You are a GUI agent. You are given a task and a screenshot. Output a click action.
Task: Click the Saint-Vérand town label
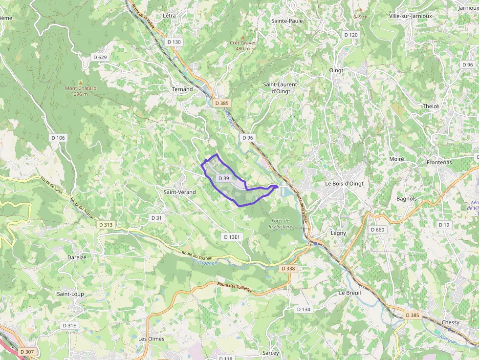pyautogui.click(x=179, y=192)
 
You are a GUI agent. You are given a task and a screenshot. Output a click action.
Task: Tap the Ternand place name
pyautogui.click(x=182, y=89)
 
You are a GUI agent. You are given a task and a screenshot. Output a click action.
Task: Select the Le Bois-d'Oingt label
pyautogui.click(x=344, y=183)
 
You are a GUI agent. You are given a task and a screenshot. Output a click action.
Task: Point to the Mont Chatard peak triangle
pyautogui.click(x=81, y=82)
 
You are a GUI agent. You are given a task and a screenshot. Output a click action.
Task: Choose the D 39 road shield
pyautogui.click(x=223, y=178)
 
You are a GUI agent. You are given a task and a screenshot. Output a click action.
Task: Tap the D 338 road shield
pyautogui.click(x=288, y=269)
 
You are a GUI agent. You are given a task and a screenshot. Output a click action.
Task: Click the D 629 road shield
pyautogui.click(x=100, y=57)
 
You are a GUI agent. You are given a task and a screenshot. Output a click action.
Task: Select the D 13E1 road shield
pyautogui.click(x=232, y=237)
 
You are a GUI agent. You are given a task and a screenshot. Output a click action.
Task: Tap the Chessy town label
pyautogui.click(x=450, y=322)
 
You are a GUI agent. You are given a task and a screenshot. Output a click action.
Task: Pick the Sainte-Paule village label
pyautogui.click(x=287, y=21)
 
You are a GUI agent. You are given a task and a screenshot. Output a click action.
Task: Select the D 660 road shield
pyautogui.click(x=377, y=230)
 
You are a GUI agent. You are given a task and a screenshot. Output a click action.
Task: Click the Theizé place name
pyautogui.click(x=431, y=106)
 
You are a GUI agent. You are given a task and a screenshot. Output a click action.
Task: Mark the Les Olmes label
pyautogui.click(x=151, y=339)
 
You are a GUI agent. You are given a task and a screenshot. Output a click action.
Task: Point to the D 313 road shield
pyautogui.click(x=105, y=225)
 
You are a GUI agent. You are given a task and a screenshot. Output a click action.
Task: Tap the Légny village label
pyautogui.click(x=338, y=233)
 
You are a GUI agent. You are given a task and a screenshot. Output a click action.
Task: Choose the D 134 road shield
pyautogui.click(x=304, y=309)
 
